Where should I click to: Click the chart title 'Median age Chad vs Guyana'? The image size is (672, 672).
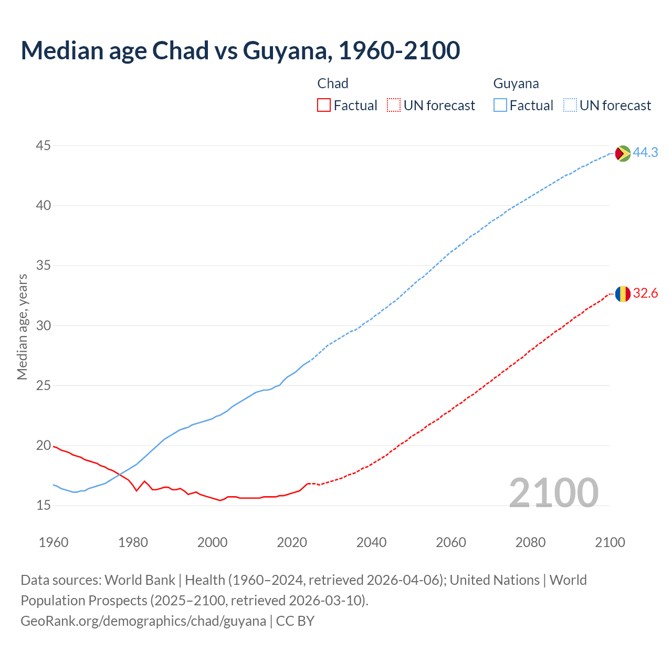240,50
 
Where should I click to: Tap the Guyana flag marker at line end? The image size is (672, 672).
623,153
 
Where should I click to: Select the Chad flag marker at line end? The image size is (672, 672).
623,294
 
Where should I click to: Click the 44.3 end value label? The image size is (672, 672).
645,152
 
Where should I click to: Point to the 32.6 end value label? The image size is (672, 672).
645,293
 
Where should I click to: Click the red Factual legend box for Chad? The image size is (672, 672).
324,106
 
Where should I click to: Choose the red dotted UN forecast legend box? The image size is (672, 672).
394,106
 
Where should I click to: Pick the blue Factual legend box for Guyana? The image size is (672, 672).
500,106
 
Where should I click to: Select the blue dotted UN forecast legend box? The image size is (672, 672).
570,106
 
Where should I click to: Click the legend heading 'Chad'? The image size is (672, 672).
333,83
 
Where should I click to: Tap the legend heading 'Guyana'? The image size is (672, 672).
516,83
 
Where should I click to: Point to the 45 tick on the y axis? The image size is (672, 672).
44,145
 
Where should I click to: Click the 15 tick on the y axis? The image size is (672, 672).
44,506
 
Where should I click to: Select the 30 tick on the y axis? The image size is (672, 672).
44,325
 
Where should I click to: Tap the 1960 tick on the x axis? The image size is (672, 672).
54,542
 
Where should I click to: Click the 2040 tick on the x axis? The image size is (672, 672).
371,542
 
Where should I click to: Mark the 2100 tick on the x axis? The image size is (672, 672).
610,542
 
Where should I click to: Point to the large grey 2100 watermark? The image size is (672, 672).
553,492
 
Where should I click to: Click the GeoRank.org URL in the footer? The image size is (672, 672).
143,621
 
